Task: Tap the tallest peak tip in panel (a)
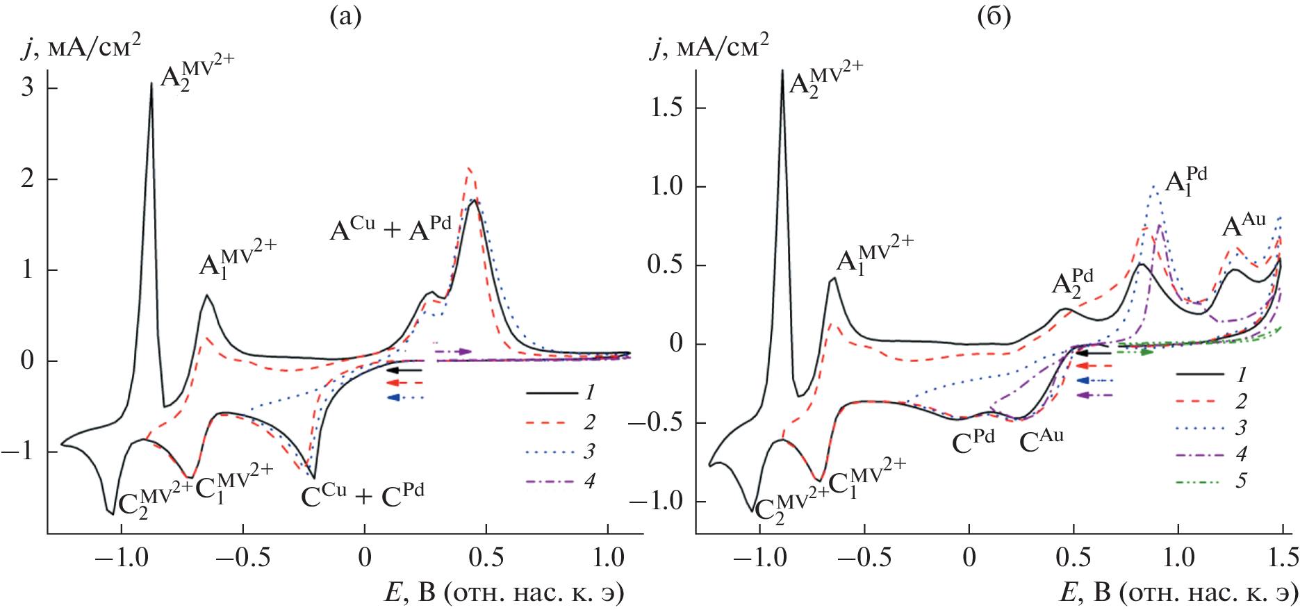coord(151,83)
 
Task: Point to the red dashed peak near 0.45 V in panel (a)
coord(470,168)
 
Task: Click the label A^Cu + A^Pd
coord(390,228)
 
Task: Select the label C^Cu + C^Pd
coord(362,495)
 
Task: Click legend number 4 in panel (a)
coord(589,481)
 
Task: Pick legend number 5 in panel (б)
coord(1241,481)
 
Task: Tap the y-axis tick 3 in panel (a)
coord(27,88)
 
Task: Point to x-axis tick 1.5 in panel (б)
coord(1281,557)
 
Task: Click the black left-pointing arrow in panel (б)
coord(1094,353)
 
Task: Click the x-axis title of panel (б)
coord(1178,593)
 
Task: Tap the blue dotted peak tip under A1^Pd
coord(1154,186)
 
